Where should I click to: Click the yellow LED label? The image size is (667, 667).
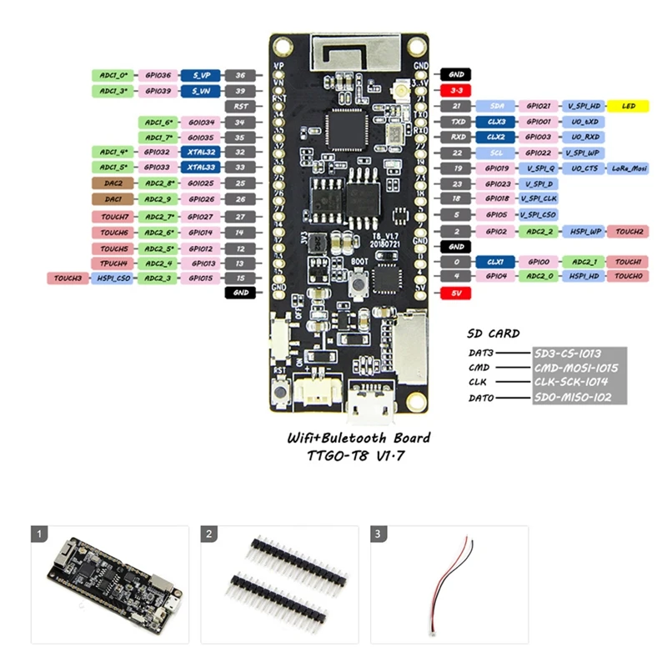coord(629,106)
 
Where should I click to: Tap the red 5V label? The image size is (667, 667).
coord(456,293)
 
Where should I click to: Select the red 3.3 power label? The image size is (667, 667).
coord(456,90)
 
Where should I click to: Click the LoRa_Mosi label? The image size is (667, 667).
coord(629,168)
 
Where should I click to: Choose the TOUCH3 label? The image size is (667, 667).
coord(68,278)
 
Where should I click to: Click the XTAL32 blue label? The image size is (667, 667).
coord(200,153)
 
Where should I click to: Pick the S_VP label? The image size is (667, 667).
coord(200,75)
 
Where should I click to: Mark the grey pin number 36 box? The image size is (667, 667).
coord(240,75)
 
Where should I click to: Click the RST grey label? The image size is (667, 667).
coord(240,106)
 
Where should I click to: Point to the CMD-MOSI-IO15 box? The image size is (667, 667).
coord(578,368)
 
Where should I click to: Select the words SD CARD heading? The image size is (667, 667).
coord(494,333)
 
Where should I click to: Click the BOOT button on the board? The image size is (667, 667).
coord(357,285)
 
